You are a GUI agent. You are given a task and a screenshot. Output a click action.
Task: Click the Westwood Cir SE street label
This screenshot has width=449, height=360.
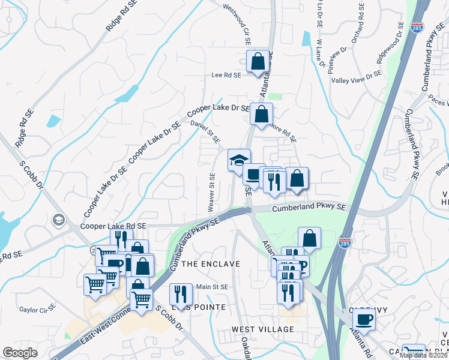click(237, 25)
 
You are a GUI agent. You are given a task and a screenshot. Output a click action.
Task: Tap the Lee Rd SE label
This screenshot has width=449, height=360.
click(226, 76)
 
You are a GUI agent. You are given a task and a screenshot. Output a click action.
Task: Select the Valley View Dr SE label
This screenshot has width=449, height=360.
click(357, 77)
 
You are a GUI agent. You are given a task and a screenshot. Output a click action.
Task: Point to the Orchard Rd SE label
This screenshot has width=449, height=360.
click(361, 25)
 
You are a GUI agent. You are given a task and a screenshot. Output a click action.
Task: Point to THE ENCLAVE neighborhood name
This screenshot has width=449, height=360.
click(211, 264)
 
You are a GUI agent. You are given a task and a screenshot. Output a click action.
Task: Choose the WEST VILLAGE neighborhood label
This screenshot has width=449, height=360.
click(264, 329)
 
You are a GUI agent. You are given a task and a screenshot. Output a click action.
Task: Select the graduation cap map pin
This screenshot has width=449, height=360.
click(239, 161)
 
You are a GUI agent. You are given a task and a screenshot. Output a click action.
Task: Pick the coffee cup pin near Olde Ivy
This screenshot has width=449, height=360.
click(364, 319)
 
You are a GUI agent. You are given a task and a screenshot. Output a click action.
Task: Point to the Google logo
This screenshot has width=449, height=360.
click(20, 353)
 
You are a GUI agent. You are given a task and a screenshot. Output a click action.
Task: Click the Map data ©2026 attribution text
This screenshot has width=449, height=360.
click(424, 355)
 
